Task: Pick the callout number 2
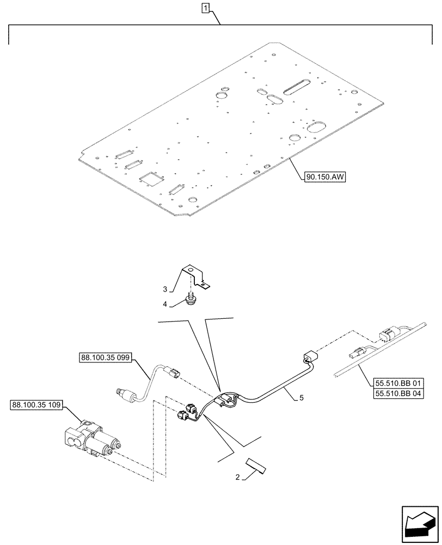pos(238,477)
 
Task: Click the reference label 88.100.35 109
pos(36,405)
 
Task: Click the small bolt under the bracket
pos(191,299)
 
